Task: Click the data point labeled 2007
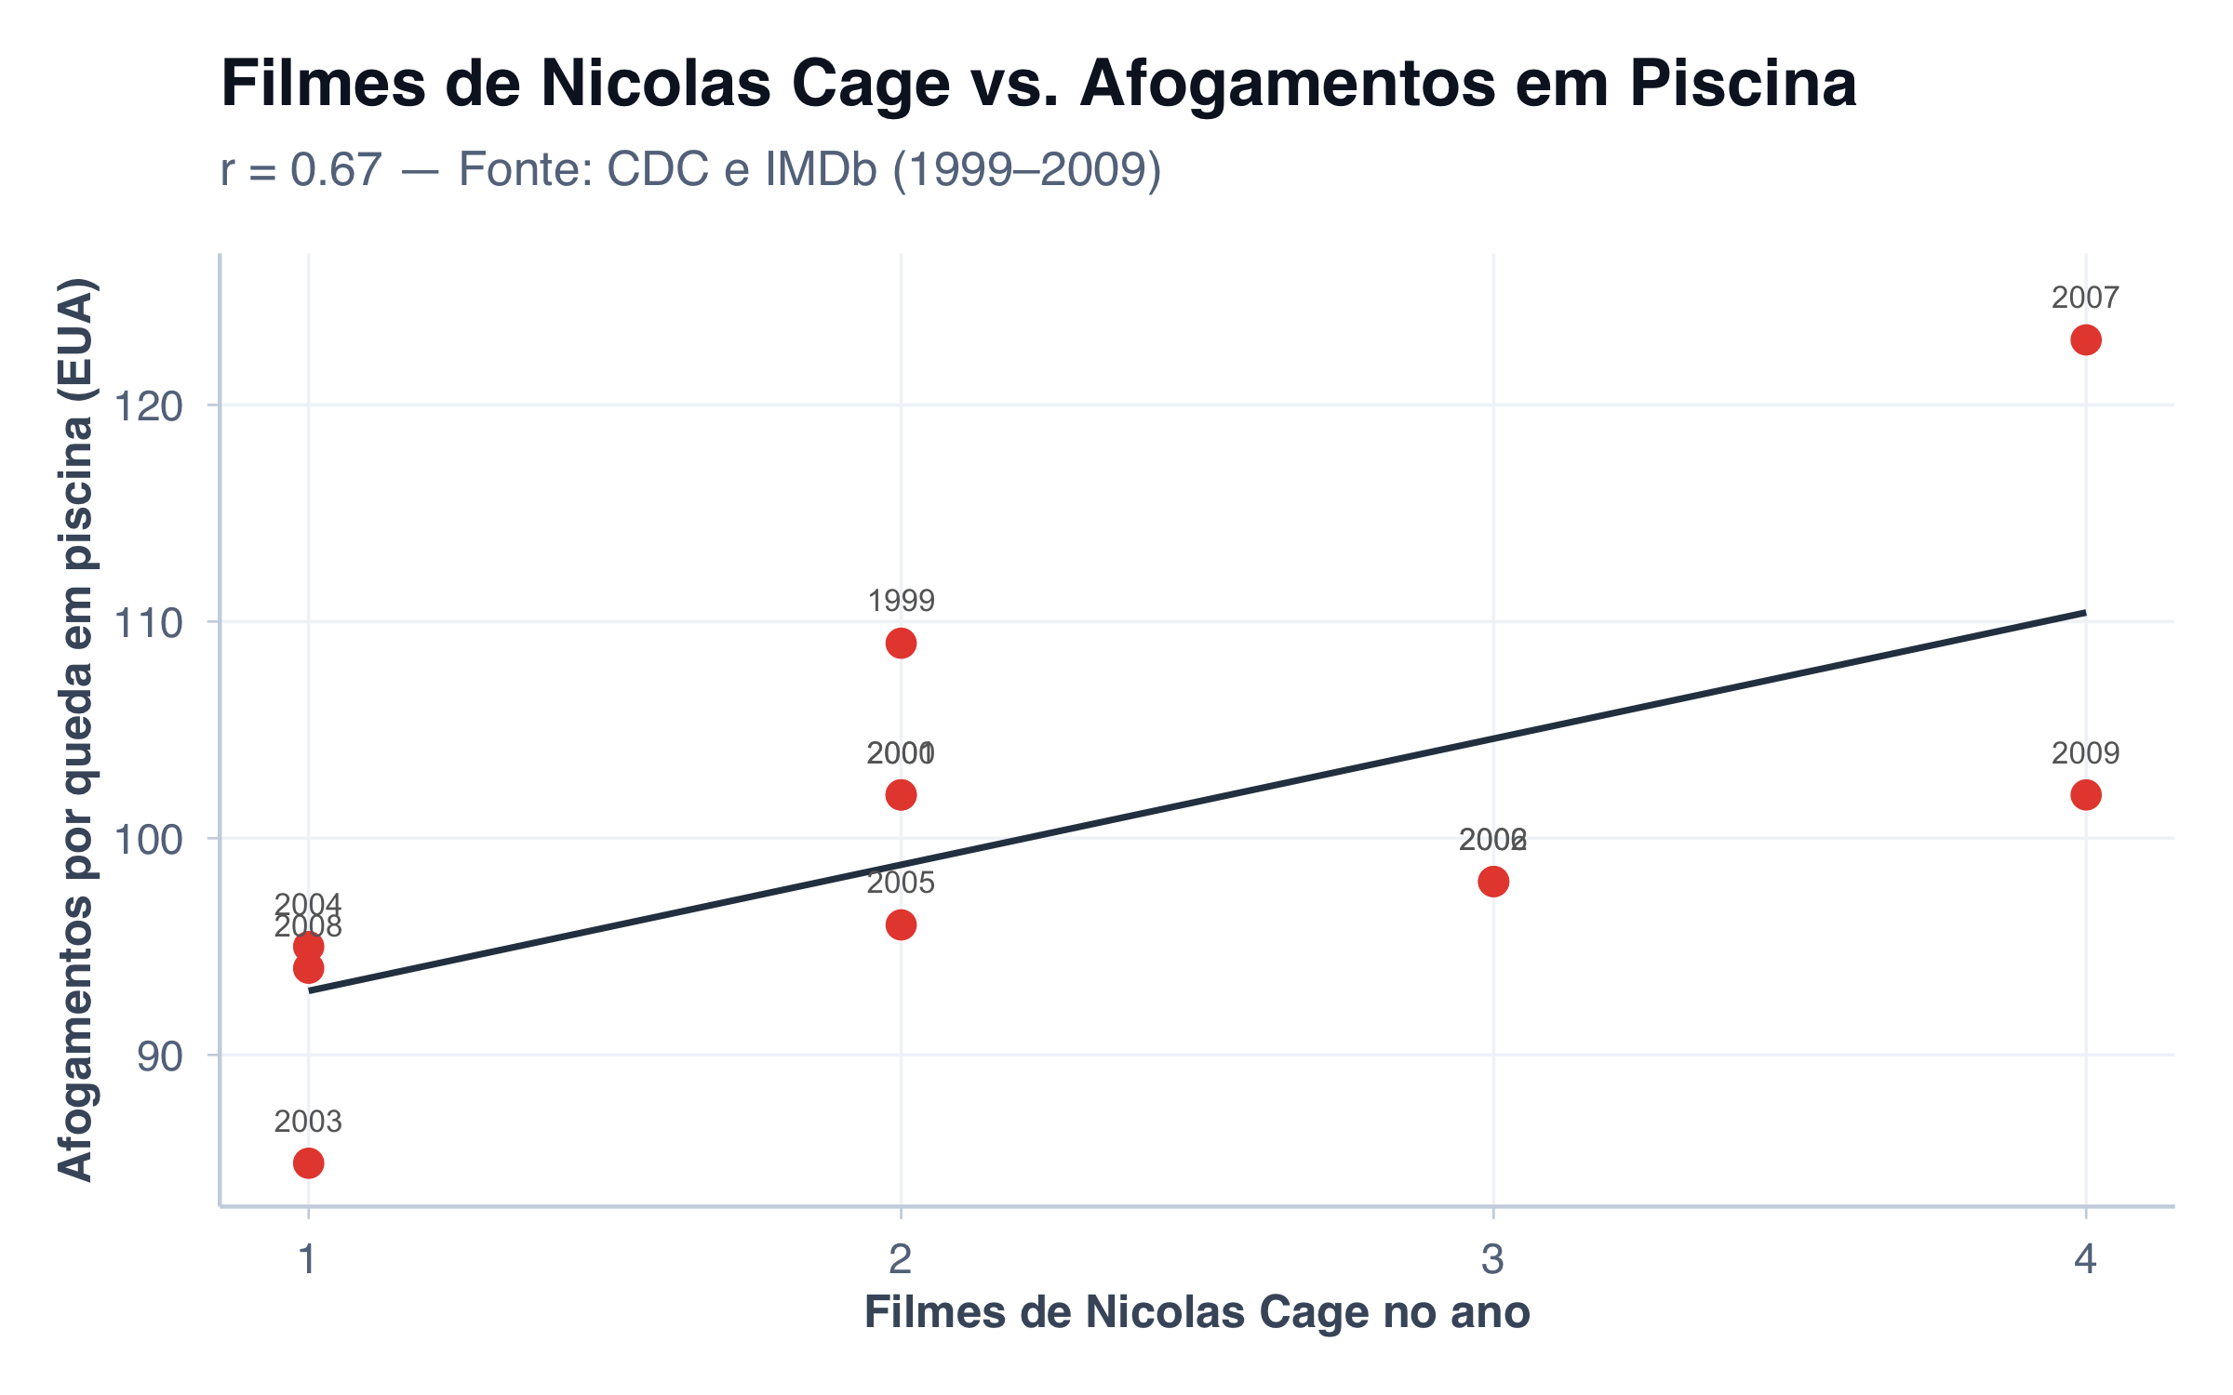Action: click(x=2085, y=340)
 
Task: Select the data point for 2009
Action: click(x=2085, y=795)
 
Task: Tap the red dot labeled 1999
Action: click(x=901, y=644)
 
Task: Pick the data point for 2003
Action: click(x=308, y=1163)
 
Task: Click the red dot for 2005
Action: click(x=901, y=925)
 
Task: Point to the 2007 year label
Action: click(x=2085, y=299)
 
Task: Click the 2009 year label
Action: click(x=2085, y=753)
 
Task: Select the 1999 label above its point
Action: click(x=901, y=602)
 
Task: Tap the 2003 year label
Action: click(x=308, y=1122)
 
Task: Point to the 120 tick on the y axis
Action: click(x=148, y=406)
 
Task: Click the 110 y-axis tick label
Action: click(x=148, y=623)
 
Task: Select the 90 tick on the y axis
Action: click(x=160, y=1056)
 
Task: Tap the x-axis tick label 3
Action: click(x=1492, y=1259)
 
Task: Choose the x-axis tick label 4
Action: click(x=2085, y=1259)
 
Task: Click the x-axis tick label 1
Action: click(x=308, y=1259)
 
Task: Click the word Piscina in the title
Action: click(x=1743, y=84)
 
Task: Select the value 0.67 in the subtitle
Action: click(x=336, y=170)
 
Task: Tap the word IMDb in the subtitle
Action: click(x=821, y=170)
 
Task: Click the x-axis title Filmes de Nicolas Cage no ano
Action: click(x=1197, y=1313)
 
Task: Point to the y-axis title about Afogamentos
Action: click(x=76, y=730)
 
